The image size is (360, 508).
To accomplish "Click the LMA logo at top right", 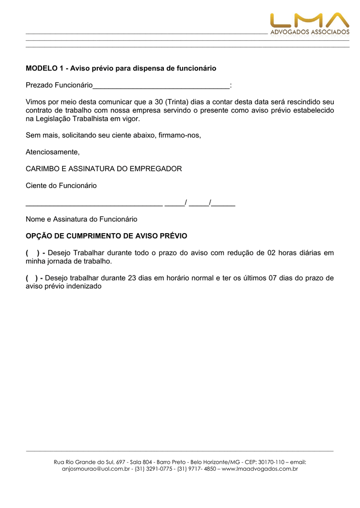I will coord(309,23).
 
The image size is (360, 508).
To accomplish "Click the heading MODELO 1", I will coord(121,68).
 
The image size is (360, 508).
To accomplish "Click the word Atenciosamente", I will coord(52,152).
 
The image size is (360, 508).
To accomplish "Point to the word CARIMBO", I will coord(42,169).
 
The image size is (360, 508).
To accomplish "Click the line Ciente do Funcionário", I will coord(61,186).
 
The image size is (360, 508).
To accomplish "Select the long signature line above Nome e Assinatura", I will coord(94,203).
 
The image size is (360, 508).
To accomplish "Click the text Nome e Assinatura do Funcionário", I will coord(81,219).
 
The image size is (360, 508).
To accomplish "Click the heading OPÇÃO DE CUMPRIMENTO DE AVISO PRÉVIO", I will coord(106,236).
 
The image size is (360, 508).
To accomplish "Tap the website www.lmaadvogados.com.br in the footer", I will coord(260,469).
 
